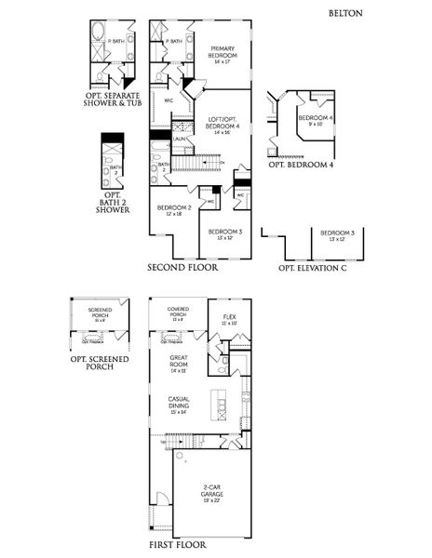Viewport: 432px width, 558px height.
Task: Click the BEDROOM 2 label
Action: click(175, 210)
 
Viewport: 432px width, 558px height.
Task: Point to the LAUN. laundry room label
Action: click(177, 139)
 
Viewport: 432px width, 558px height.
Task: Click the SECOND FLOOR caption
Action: click(182, 267)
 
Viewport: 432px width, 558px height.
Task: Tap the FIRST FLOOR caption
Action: click(178, 544)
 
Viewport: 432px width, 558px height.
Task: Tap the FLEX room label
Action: click(229, 319)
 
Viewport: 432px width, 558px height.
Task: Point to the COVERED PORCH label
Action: click(179, 313)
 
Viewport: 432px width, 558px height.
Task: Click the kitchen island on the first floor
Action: click(219, 405)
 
